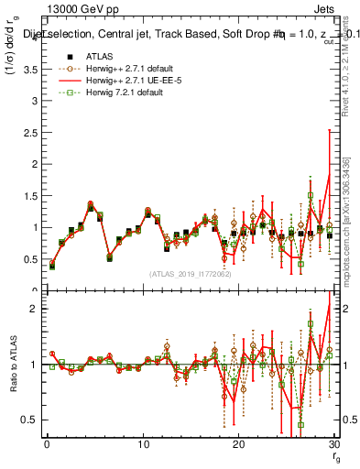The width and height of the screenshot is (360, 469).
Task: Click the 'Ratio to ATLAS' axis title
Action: coord(12,365)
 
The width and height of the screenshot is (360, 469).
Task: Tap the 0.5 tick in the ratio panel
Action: coord(27,420)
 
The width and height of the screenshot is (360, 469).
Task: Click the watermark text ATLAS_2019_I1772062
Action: coord(190,273)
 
